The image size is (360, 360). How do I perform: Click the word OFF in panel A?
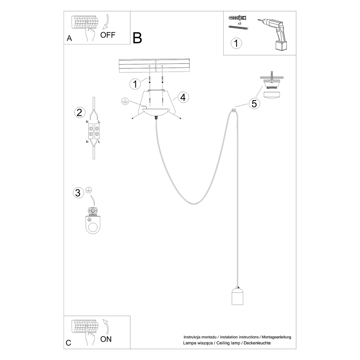pos(108,35)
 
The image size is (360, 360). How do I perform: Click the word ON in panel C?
pos(106,339)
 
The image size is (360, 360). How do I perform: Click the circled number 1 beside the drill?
pos(236,43)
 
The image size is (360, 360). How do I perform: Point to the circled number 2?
pos(79,112)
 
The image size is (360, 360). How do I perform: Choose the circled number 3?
pos(78,193)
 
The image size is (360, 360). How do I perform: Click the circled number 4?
pos(183,97)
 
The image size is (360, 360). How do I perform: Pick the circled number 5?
pos(254,104)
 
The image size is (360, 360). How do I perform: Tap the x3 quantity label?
pos(239,23)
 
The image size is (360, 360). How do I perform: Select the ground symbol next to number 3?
pos(88,190)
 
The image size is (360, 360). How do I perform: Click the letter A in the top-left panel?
pos(70,38)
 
